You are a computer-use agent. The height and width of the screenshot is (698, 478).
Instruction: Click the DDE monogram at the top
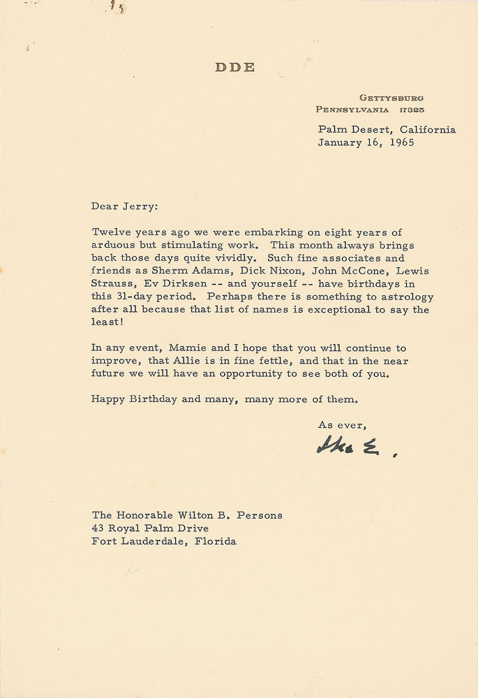pos(235,67)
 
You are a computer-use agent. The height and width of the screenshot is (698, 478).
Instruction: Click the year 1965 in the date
pos(400,142)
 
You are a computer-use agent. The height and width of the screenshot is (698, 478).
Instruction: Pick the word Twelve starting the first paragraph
pos(110,232)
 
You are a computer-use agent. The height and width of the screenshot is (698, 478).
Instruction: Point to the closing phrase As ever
pos(342,424)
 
